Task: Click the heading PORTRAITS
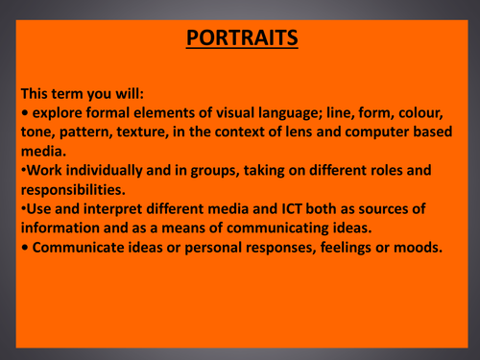(240, 39)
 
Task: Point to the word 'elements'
(175, 114)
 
